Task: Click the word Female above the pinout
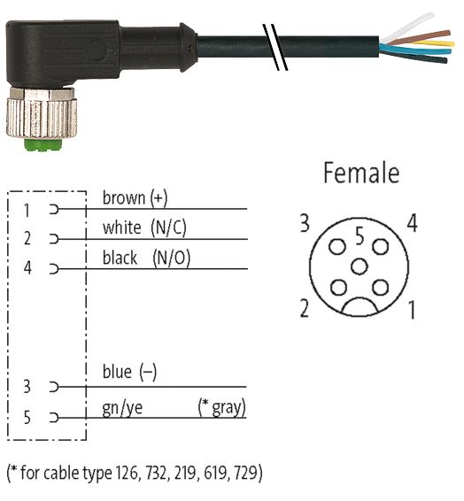tap(361, 173)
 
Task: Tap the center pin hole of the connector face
tap(360, 266)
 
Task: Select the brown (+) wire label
tap(135, 198)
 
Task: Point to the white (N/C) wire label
tap(144, 227)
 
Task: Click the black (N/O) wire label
tap(146, 258)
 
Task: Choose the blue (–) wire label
tap(129, 372)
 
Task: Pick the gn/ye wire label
tap(122, 408)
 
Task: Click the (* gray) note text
tap(222, 407)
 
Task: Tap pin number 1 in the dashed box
tap(27, 211)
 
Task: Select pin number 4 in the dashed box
tap(27, 267)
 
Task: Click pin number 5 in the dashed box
tap(27, 417)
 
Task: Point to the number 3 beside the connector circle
tap(305, 223)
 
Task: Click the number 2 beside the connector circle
tap(305, 308)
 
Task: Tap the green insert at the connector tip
tap(42, 144)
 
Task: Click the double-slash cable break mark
tap(275, 47)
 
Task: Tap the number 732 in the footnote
tap(157, 473)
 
